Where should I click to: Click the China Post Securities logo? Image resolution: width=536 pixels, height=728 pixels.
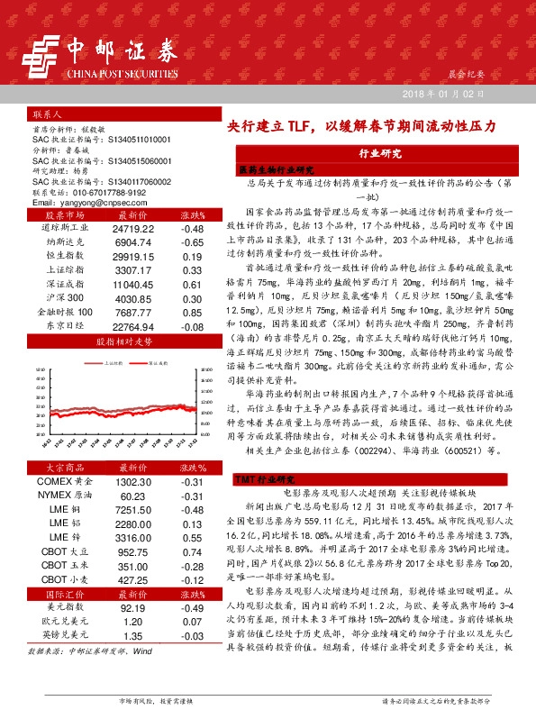coord(104,55)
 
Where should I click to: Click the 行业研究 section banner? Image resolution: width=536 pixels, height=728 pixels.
coord(379,154)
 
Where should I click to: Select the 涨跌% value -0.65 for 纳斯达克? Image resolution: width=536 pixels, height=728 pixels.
coord(191,242)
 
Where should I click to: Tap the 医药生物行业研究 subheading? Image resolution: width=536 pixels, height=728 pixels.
coord(274,168)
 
